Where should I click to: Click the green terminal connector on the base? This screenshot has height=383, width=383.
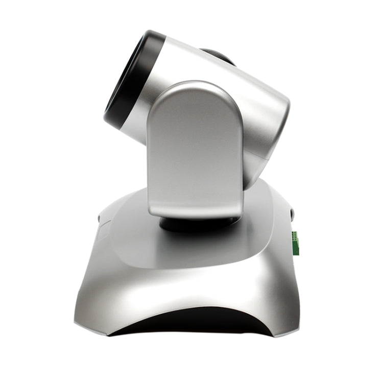pyautogui.click(x=295, y=243)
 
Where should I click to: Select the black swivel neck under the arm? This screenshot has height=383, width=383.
pyautogui.click(x=199, y=224)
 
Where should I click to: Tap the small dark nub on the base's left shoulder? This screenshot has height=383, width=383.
pyautogui.click(x=99, y=218)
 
